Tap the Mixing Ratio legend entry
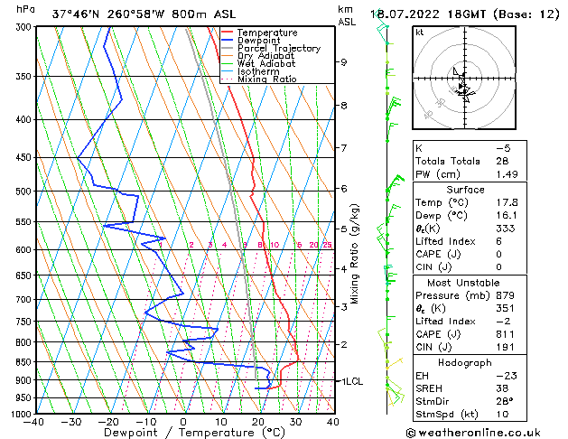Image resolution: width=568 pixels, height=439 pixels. (267, 79)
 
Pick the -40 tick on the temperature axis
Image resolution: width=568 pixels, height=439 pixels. (35, 422)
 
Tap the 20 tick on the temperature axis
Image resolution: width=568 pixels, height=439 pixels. (258, 422)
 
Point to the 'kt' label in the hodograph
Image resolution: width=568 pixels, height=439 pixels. (420, 33)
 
